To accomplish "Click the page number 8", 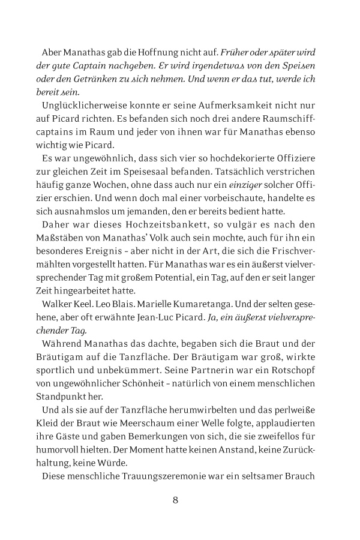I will tap(175, 499).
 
